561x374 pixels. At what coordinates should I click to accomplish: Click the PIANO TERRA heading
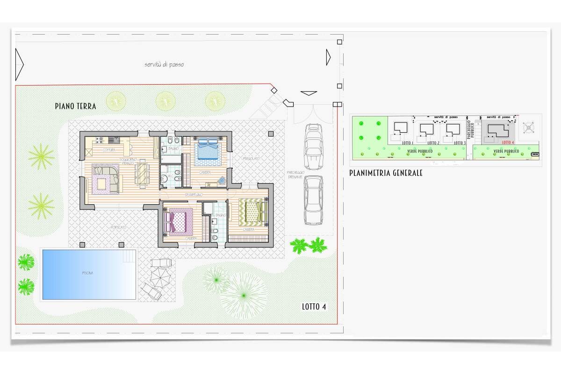pyautogui.click(x=76, y=107)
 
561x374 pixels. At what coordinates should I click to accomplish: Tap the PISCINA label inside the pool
pyautogui.click(x=87, y=273)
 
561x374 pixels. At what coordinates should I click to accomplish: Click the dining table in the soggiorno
pyautogui.click(x=142, y=173)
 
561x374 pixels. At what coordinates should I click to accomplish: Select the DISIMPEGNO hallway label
pyautogui.click(x=194, y=194)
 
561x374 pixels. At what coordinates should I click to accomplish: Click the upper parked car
pyautogui.click(x=313, y=146)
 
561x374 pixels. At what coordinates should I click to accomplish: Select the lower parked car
pyautogui.click(x=313, y=200)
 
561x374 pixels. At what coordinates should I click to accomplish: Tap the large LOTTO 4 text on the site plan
pyautogui.click(x=314, y=307)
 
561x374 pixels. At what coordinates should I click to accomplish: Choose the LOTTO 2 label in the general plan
pyautogui.click(x=433, y=143)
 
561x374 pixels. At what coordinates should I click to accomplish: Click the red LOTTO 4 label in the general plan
pyautogui.click(x=508, y=142)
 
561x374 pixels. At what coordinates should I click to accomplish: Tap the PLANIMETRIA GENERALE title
pyautogui.click(x=386, y=173)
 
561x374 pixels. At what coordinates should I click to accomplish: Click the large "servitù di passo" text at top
pyautogui.click(x=164, y=65)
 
